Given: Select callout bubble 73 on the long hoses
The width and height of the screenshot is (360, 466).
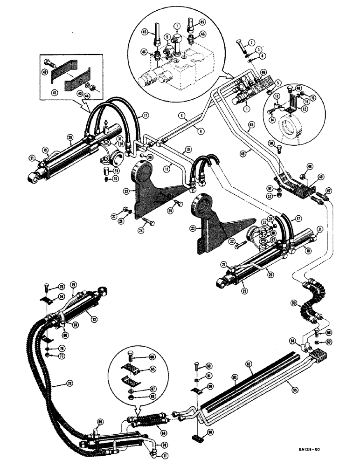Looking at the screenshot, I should (57, 383).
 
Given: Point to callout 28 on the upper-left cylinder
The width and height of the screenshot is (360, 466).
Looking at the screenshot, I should (70, 137).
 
